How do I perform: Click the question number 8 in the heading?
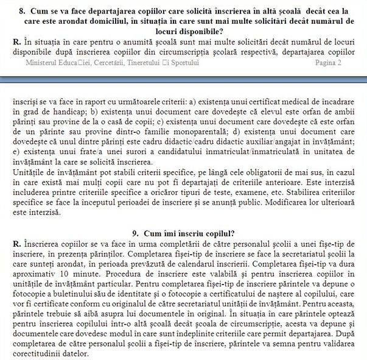click(21, 12)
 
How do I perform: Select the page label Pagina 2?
click(328, 63)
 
